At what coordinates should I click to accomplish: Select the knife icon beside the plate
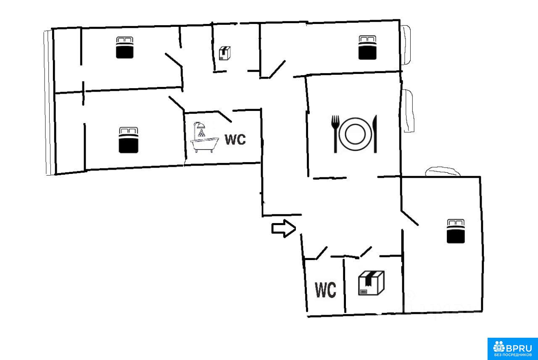374,134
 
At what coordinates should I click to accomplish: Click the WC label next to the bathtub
235,139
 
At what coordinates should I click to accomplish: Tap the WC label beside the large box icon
326,290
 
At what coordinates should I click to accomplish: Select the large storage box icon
371,282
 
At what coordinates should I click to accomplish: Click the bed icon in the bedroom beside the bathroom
129,139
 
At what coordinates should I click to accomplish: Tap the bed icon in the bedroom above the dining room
367,47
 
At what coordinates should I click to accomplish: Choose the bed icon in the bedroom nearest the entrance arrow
456,231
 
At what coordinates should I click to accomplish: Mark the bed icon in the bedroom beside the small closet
124,47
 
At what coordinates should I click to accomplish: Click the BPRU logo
512,348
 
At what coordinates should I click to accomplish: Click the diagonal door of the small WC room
322,252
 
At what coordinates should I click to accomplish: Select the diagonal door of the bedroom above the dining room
278,69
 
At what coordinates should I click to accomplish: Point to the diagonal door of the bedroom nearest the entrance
410,217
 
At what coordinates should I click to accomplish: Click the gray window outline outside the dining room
409,111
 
